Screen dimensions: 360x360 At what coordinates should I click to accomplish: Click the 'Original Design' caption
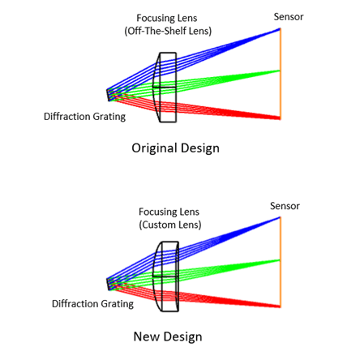pos(175,148)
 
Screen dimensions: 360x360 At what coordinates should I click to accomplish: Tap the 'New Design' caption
pos(168,336)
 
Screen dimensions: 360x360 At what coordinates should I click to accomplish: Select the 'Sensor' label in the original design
pos(289,17)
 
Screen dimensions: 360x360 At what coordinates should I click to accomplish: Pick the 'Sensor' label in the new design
pos(285,206)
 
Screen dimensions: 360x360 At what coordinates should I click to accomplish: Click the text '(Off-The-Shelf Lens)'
pos(168,31)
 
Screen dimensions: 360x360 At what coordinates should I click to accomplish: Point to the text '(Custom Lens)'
pos(170,225)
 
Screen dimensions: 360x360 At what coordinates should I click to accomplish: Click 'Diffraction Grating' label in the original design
pos(84,117)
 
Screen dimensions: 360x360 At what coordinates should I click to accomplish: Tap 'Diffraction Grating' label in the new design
pos(92,304)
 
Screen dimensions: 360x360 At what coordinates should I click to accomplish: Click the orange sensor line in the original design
pos(281,74)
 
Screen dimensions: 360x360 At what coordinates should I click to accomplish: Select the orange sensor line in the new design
pos(281,262)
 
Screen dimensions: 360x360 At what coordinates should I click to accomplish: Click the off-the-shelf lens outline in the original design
pos(176,88)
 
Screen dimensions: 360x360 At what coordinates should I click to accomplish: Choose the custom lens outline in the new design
pos(178,276)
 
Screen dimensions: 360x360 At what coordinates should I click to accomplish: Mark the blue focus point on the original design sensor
pos(280,28)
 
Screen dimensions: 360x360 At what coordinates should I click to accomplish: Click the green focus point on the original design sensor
pos(280,71)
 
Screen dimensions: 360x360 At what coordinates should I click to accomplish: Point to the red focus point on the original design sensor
pos(280,118)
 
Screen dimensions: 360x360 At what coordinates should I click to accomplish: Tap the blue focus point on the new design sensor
pos(280,217)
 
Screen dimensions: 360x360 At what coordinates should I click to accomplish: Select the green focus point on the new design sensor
pos(280,260)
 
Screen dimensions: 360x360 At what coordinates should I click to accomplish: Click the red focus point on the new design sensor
pos(280,306)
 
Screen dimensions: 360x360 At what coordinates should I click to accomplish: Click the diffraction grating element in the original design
pos(108,95)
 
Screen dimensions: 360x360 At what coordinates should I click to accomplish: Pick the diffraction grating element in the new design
pos(108,285)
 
